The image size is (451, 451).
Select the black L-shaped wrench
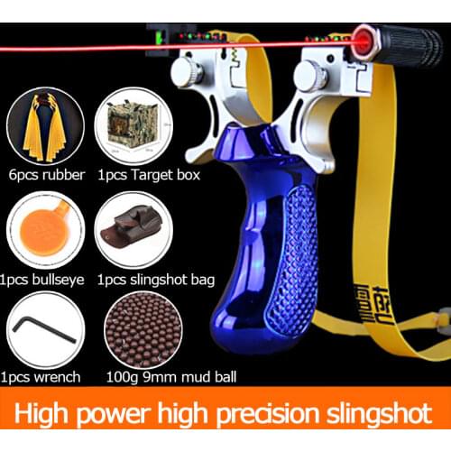click(x=41, y=330)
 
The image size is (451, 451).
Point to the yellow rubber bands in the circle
click(x=41, y=127)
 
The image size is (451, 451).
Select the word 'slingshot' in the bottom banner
click(x=380, y=415)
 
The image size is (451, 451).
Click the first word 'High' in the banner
click(x=45, y=415)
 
